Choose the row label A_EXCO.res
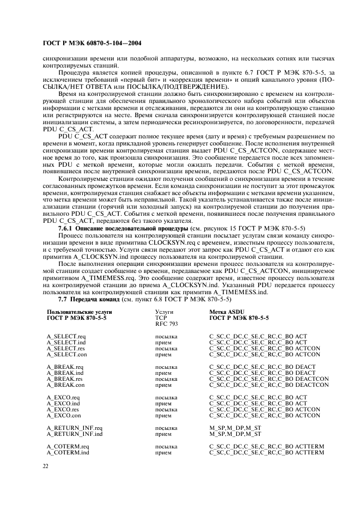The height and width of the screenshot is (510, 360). (64, 409)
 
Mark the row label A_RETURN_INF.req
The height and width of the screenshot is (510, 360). (75, 428)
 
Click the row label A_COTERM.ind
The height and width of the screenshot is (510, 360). (67, 453)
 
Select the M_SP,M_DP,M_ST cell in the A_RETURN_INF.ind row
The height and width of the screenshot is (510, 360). (235, 434)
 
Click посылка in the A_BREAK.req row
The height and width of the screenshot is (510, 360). (166, 367)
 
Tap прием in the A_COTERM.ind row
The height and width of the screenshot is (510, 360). (163, 453)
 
